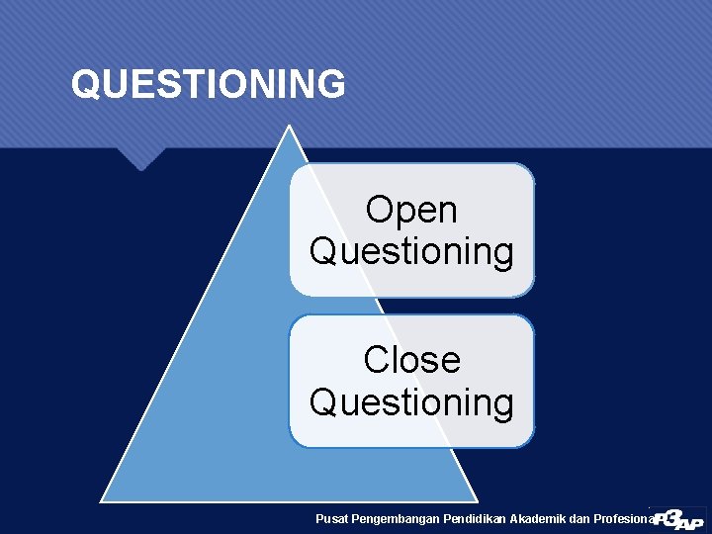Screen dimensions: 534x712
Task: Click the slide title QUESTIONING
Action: [x=208, y=84]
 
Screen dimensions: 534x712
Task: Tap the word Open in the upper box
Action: [x=411, y=210]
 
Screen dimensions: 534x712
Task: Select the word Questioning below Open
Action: [x=411, y=252]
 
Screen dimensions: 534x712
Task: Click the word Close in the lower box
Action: [x=411, y=360]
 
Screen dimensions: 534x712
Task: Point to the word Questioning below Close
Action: [x=411, y=403]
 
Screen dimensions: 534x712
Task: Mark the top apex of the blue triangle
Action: [x=288, y=127]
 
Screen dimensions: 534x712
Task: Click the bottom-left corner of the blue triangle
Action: [x=103, y=500]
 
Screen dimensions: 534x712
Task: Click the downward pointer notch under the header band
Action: [x=139, y=160]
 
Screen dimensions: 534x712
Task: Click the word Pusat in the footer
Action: [x=331, y=518]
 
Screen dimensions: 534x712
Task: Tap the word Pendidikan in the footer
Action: [x=478, y=518]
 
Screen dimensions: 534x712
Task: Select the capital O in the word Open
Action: [x=379, y=210]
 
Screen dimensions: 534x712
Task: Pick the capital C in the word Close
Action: [x=377, y=360]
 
